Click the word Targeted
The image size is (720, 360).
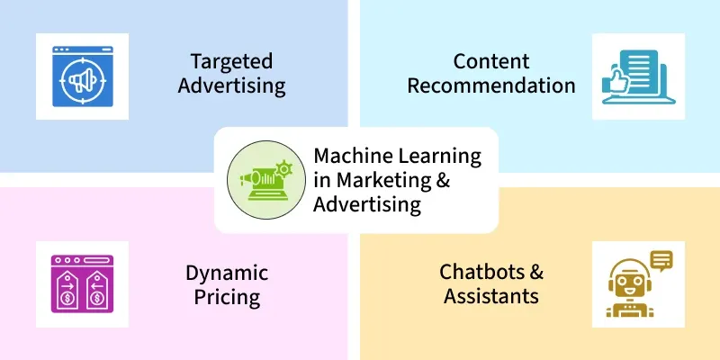coord(231,62)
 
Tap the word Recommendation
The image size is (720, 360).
coord(491,85)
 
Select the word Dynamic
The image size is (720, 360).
coord(227,274)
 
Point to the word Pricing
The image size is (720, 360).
coord(227,298)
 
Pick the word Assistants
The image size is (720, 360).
coord(491,296)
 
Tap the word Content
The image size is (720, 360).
coord(491,61)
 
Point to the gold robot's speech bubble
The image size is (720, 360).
coord(661,261)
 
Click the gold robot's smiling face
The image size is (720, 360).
coord(629,282)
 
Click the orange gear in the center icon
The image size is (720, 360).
coord(284,169)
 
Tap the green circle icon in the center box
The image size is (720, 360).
coord(266,180)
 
